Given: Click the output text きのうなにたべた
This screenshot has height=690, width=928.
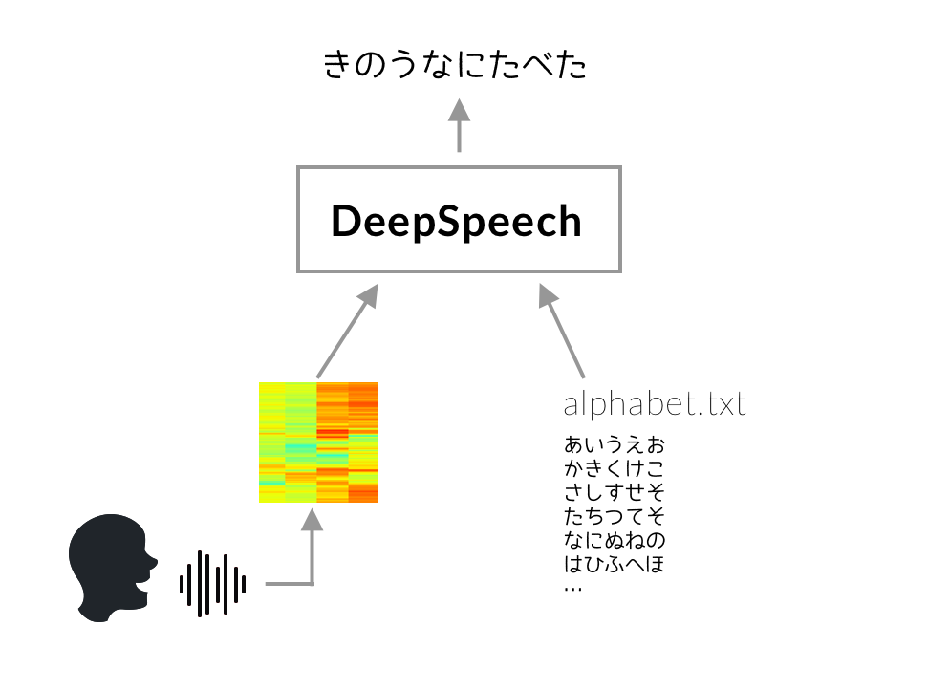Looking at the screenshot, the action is (x=455, y=64).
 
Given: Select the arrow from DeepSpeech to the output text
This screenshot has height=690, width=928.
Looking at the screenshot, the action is (x=459, y=125).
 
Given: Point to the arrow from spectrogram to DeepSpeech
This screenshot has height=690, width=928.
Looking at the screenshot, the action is (x=348, y=332).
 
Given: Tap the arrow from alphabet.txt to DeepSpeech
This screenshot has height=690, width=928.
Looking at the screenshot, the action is (x=562, y=332).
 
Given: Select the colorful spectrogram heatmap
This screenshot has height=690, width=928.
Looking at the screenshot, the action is (x=318, y=442).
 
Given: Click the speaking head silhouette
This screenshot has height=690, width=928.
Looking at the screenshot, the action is (x=113, y=568).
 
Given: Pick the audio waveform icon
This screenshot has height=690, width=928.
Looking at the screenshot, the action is (x=212, y=584).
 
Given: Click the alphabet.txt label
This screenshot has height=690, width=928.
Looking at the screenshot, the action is (x=655, y=405).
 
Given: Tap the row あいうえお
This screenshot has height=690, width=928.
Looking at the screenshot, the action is (x=615, y=444).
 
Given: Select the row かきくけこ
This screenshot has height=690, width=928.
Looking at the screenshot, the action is (x=615, y=468).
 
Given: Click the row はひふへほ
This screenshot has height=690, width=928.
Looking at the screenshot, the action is (x=615, y=564).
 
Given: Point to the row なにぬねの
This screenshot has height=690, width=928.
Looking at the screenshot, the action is (x=615, y=540).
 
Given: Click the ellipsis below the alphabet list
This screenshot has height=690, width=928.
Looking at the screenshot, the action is (x=572, y=589).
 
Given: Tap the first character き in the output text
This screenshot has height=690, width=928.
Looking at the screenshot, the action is (x=338, y=64).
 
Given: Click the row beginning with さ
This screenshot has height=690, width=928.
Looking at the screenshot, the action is (x=615, y=492).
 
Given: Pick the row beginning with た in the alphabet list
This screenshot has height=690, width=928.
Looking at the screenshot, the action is (x=615, y=516).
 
